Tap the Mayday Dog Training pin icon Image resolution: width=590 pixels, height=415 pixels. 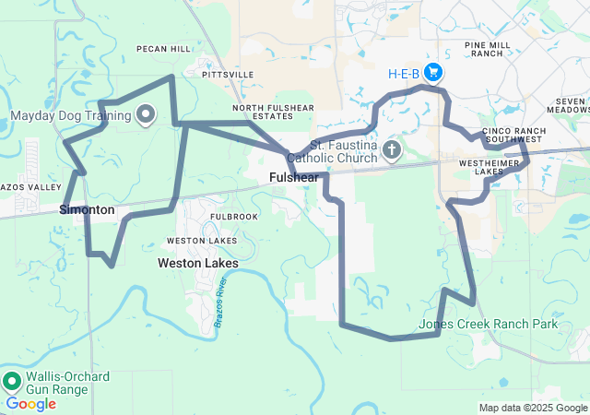[146, 115]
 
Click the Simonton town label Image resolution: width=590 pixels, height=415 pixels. [87, 209]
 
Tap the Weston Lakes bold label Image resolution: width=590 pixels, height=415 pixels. [197, 263]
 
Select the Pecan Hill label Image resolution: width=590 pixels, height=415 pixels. [162, 48]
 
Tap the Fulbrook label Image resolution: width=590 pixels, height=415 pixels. [207, 216]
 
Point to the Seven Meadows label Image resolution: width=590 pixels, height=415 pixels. [572, 105]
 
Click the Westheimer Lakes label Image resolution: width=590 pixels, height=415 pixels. [493, 166]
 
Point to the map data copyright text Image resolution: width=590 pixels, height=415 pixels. [533, 408]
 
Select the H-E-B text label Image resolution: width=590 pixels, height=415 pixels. [404, 73]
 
